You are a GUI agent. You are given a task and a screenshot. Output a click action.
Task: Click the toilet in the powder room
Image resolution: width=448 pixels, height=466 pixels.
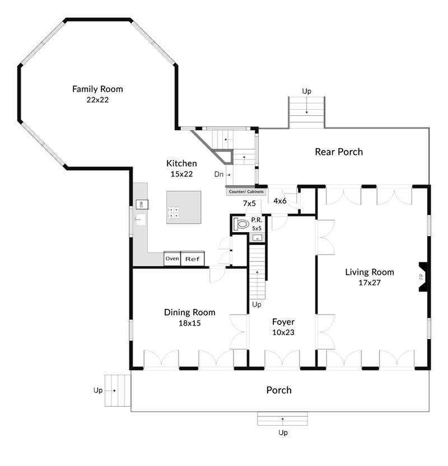coord(241,224)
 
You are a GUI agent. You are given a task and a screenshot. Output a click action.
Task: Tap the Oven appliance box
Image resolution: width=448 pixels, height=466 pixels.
coord(172,258)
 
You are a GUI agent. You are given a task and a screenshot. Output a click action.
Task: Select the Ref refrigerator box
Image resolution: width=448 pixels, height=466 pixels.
coord(193,258)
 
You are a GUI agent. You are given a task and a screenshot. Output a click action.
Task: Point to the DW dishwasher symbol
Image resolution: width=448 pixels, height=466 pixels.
coord(142,205)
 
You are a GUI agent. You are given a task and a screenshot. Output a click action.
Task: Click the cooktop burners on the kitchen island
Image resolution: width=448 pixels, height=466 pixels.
coord(173,213)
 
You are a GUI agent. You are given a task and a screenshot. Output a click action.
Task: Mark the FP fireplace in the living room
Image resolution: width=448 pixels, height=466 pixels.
coord(423,277)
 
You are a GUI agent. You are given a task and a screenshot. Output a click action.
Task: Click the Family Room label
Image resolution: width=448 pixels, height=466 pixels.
coord(97,89)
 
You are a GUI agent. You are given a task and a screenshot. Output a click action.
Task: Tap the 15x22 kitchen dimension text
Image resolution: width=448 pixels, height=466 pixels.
coord(181,174)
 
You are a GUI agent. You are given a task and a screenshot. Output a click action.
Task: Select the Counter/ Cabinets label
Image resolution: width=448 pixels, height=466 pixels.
coord(246,192)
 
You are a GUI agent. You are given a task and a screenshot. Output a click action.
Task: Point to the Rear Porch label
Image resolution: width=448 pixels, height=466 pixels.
coord(339,152)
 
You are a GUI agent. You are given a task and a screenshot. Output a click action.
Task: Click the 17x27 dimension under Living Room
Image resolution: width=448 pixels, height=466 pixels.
coord(370,283)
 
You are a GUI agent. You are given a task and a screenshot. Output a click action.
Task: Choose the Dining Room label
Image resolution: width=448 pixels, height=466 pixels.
coord(189,312)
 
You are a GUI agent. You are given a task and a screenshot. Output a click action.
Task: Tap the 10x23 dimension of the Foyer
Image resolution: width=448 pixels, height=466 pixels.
coord(283,332)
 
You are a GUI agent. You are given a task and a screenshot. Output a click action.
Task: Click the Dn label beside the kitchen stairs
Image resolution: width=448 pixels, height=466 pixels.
coord(218,174)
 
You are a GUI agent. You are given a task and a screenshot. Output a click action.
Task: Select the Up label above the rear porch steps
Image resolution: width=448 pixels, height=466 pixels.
coord(306,91)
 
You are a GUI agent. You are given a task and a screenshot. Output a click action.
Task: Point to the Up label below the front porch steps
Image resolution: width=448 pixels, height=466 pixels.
coord(283,433)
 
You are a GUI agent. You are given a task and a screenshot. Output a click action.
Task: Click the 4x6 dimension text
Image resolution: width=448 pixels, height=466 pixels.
coord(280,201)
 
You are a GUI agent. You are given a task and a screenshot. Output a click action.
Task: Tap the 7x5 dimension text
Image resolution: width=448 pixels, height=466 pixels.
coord(249,203)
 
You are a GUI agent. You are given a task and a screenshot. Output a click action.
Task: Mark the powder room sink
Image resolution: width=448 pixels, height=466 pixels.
coord(257,238)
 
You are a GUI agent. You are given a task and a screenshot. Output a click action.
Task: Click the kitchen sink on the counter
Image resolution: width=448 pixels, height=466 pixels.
coord(141,220)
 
